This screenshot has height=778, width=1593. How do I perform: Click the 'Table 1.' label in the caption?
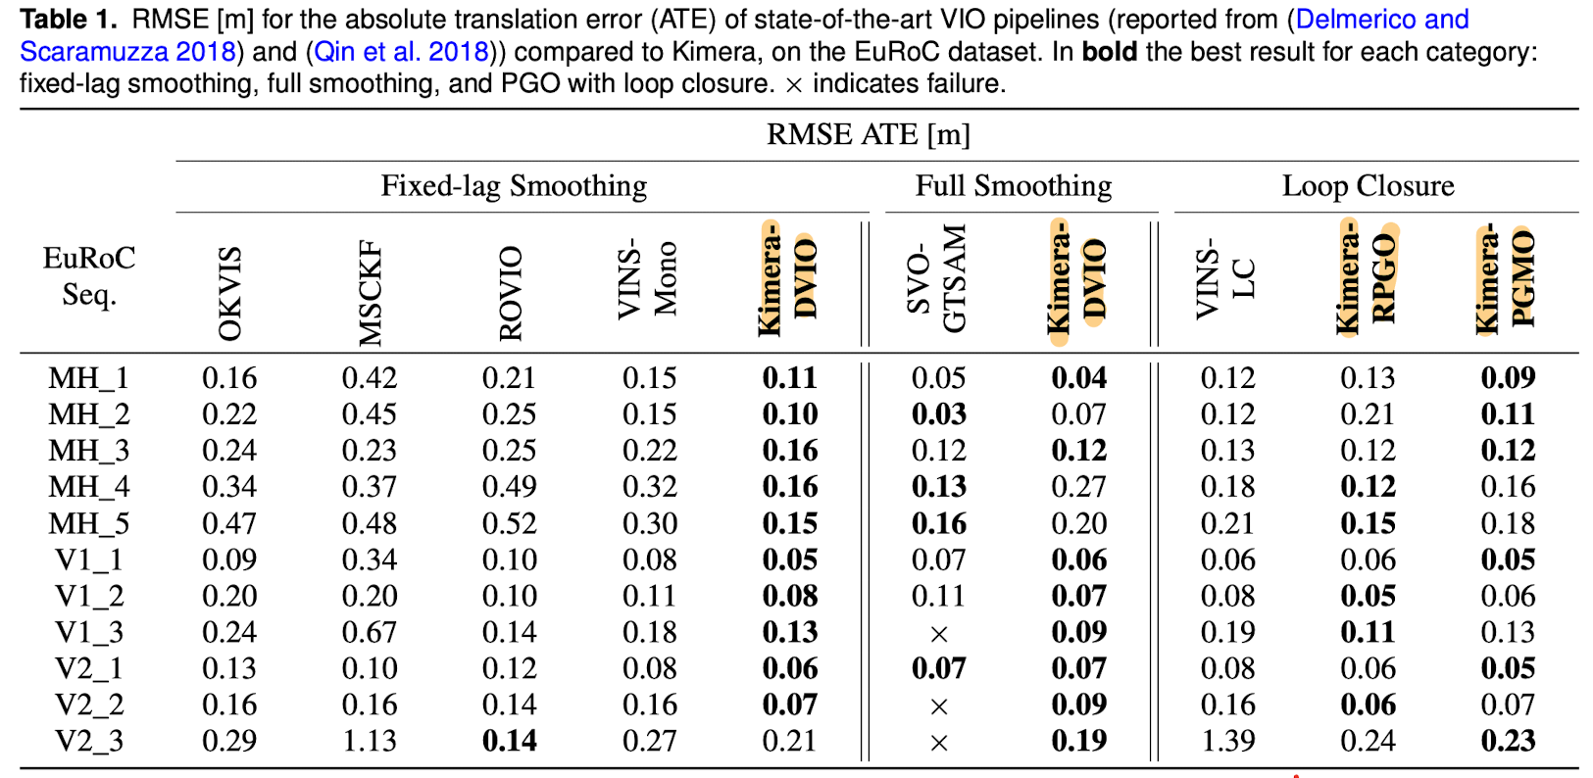point(69,20)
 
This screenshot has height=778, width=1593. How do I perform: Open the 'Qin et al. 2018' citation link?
point(401,52)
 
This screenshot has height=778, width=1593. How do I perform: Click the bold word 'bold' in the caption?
point(1110,52)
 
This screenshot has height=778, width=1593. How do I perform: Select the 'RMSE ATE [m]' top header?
point(869,134)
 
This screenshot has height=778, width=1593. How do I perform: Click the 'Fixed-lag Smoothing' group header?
point(514,186)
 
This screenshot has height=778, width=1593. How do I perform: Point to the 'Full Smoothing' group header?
point(1014,186)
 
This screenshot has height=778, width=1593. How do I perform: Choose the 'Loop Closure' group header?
point(1369,186)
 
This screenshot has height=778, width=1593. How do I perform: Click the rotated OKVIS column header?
point(229,294)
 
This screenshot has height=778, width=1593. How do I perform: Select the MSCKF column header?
point(370,294)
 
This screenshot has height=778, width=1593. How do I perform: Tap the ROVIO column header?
point(510,294)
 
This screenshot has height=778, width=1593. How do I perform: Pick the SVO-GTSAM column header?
point(936,279)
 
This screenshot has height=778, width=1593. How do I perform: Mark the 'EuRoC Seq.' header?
point(89,276)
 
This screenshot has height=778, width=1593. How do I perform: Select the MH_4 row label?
point(89,488)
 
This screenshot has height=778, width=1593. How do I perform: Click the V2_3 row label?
point(89,742)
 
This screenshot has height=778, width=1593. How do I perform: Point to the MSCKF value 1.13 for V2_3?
point(370,741)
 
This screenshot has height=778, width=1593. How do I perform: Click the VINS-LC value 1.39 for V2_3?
point(1227,741)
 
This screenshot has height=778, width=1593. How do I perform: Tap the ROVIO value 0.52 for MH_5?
point(509,523)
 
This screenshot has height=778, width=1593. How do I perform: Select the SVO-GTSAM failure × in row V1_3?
point(939,634)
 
